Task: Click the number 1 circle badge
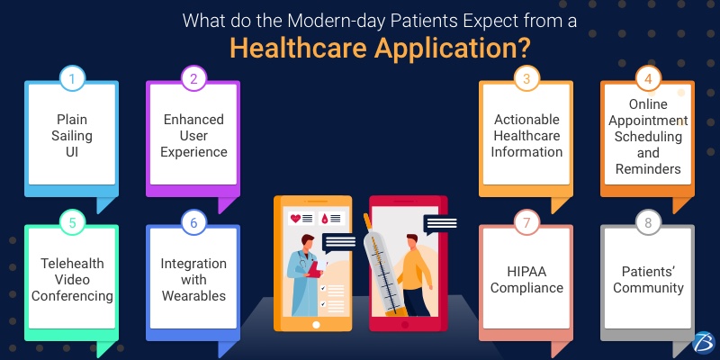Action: click(72, 79)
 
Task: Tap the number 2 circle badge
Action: click(193, 79)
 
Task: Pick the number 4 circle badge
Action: click(648, 79)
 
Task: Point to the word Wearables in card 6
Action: click(193, 294)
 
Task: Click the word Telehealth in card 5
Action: click(72, 263)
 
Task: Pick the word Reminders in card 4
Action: click(649, 168)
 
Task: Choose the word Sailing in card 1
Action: click(71, 135)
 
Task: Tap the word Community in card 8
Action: click(649, 288)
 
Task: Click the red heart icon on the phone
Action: click(294, 219)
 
